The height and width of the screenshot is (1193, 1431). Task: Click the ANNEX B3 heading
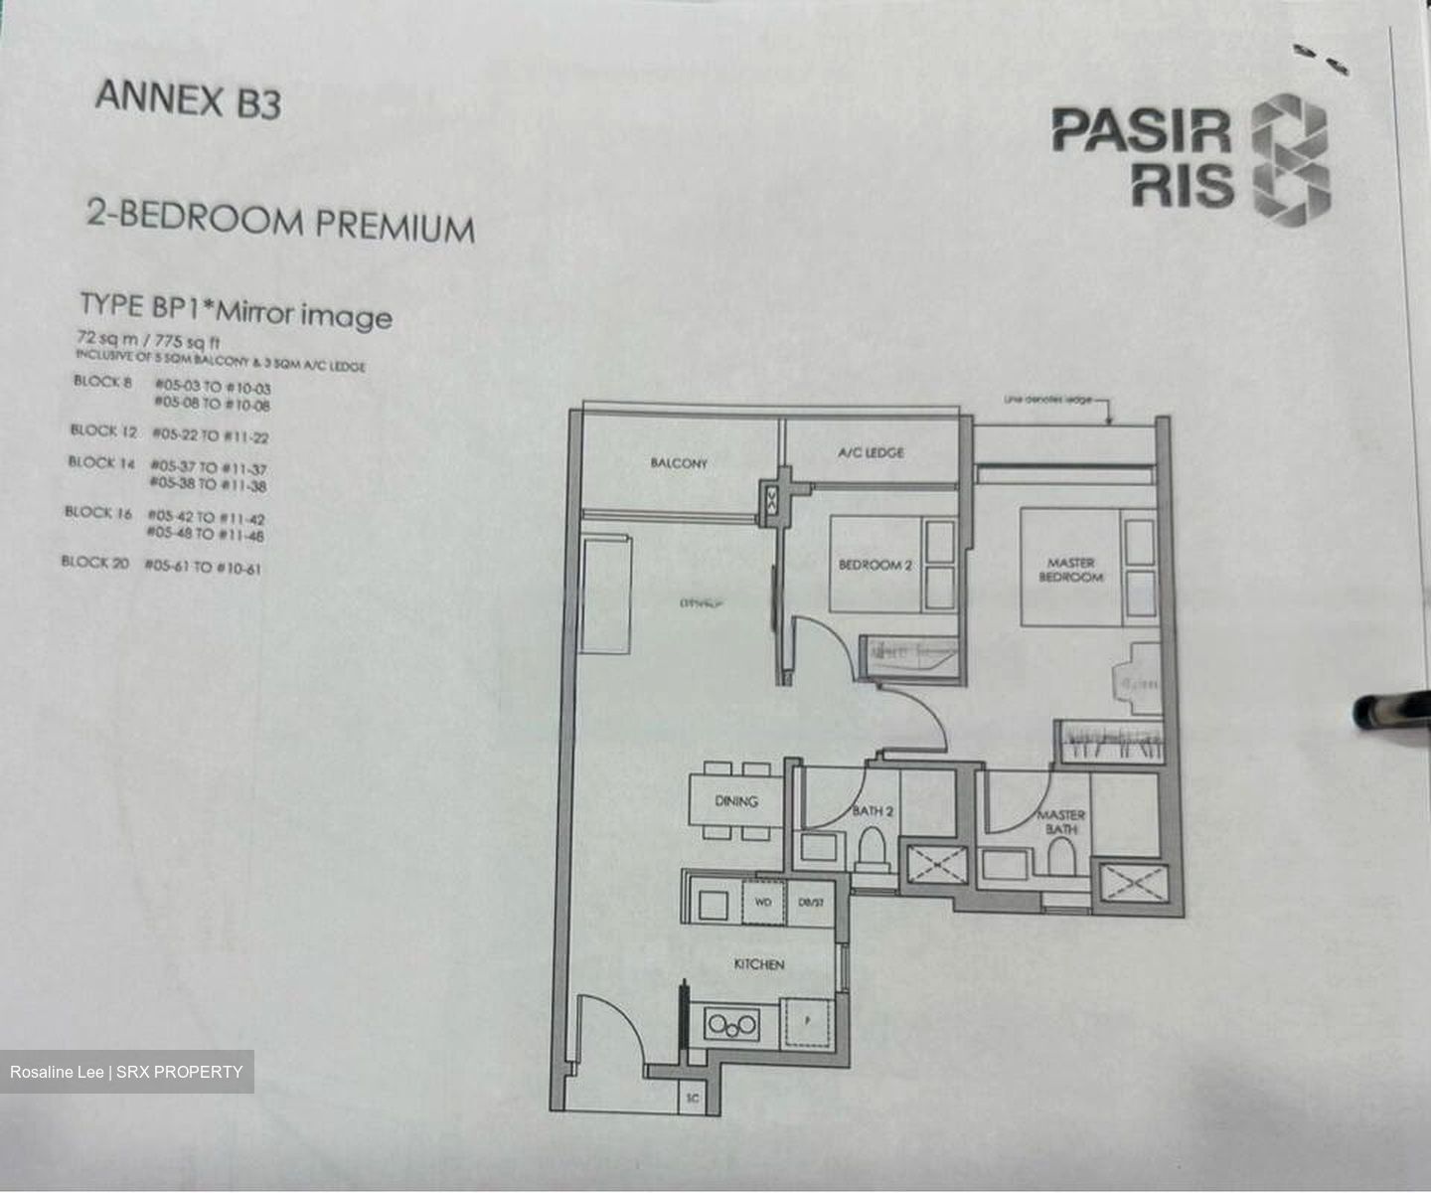[x=188, y=99]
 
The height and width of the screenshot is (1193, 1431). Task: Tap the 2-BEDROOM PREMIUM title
[x=279, y=220]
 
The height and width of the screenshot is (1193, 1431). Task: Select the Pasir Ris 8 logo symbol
[x=1290, y=158]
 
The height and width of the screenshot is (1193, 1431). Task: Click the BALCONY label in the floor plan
[x=679, y=463]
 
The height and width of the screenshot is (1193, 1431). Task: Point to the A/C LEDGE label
[x=871, y=453]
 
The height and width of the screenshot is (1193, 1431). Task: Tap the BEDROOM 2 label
[x=874, y=565]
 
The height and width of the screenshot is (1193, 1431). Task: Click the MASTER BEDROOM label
[x=1070, y=570]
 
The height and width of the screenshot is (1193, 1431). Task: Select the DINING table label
[x=735, y=801]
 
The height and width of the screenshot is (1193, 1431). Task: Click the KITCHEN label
[x=758, y=964]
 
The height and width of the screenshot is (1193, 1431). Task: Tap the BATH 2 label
[x=873, y=811]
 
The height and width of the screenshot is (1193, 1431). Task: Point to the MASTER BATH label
[x=1060, y=821]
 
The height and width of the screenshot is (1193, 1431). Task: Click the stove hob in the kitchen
[x=731, y=1024]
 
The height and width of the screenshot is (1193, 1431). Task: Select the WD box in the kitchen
[x=763, y=903]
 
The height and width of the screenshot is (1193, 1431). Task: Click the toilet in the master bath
[x=1061, y=857]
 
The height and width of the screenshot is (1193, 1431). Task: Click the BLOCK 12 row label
[x=103, y=430]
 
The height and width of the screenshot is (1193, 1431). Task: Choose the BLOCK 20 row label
[x=94, y=562]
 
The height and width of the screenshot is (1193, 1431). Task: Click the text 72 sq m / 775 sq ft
[x=148, y=339]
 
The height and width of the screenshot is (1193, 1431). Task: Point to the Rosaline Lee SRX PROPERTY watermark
[x=126, y=1072]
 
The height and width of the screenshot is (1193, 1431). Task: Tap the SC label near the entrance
[x=693, y=1099]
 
